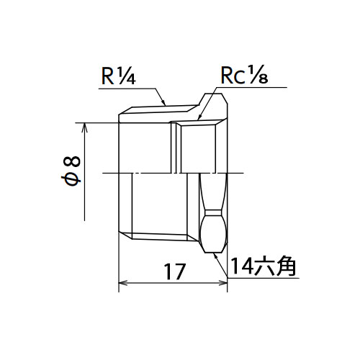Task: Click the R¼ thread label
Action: [x=119, y=76]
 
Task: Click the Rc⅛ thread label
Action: [x=244, y=74]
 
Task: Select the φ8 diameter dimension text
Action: [x=71, y=171]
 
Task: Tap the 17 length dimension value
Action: [x=174, y=271]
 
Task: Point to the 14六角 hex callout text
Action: [x=263, y=266]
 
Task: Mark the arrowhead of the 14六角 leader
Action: [x=216, y=256]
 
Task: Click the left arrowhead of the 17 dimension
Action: [x=122, y=283]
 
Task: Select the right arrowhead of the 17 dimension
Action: [x=223, y=283]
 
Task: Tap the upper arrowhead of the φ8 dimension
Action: [x=84, y=127]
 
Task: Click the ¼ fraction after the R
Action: [x=126, y=76]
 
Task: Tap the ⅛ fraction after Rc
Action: [x=258, y=74]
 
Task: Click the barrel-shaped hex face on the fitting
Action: [x=214, y=231]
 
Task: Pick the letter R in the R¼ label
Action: [x=108, y=76]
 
